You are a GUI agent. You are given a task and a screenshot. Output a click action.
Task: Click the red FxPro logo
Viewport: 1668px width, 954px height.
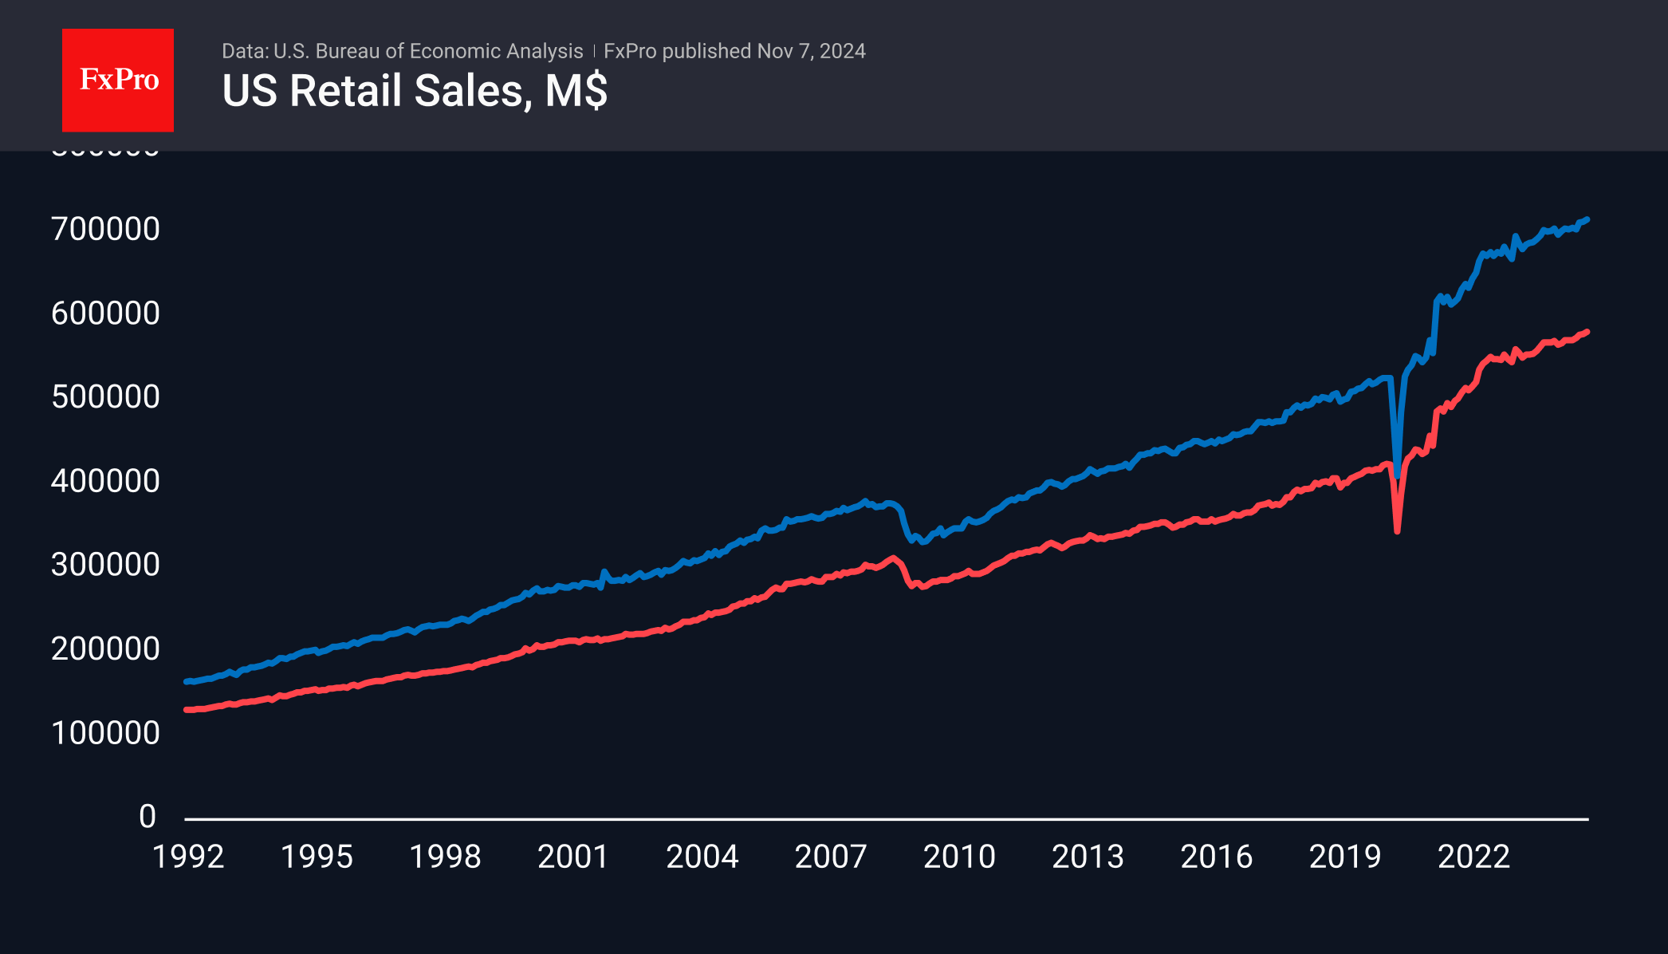click(x=118, y=80)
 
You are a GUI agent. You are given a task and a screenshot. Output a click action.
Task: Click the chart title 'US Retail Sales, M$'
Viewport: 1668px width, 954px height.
click(x=415, y=91)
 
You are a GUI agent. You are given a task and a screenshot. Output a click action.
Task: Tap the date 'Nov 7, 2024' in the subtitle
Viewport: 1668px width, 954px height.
click(x=811, y=51)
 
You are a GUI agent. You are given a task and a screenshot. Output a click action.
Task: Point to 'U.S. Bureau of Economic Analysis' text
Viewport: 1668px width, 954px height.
click(x=428, y=51)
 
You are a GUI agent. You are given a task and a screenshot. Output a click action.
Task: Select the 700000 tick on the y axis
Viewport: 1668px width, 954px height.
click(x=105, y=230)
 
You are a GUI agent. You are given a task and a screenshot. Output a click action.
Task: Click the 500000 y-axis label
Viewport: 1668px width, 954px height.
click(x=105, y=397)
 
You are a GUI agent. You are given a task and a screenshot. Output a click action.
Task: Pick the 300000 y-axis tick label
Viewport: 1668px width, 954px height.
click(x=105, y=565)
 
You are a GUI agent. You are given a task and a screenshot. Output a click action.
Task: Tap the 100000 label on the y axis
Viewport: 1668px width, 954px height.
click(x=105, y=733)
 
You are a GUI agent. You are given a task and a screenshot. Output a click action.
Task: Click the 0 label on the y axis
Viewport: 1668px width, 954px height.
click(x=148, y=817)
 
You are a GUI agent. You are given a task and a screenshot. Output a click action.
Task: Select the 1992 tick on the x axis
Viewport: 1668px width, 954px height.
click(x=188, y=857)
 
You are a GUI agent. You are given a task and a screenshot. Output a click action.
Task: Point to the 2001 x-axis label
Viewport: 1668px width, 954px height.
click(x=573, y=857)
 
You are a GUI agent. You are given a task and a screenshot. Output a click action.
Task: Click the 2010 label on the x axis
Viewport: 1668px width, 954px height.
click(x=959, y=857)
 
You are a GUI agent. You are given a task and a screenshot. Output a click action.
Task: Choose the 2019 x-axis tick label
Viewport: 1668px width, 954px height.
click(x=1345, y=857)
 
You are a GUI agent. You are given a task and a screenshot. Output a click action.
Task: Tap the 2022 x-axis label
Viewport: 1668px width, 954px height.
click(x=1473, y=857)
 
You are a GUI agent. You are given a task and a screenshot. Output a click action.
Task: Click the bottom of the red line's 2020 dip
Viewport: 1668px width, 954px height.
click(x=1398, y=530)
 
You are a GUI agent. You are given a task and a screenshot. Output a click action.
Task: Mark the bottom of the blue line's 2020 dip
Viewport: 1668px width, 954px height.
click(x=1398, y=475)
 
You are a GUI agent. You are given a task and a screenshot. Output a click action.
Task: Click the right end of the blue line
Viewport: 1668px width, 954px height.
click(x=1587, y=219)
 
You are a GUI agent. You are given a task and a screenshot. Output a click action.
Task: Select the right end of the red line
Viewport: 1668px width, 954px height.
click(x=1587, y=332)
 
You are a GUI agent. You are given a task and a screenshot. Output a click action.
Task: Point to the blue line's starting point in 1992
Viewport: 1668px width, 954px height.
click(x=187, y=681)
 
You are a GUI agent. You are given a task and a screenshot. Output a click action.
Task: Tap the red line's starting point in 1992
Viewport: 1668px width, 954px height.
click(x=187, y=709)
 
